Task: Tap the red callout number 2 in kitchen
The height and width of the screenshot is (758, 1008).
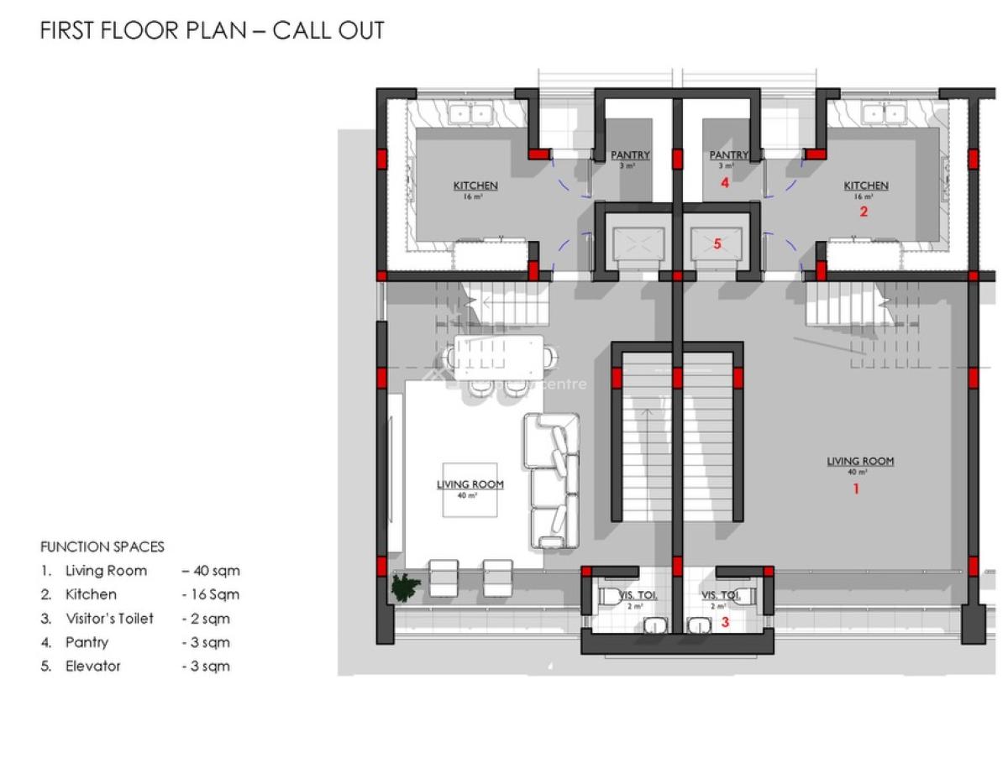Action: tap(863, 212)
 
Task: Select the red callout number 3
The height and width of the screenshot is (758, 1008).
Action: tap(726, 623)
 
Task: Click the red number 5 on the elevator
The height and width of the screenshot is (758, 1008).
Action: tap(717, 244)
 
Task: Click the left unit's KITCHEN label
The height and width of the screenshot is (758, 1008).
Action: tap(475, 186)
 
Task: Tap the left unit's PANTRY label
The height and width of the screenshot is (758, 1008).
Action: tap(630, 154)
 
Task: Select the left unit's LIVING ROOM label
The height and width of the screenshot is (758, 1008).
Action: tap(470, 484)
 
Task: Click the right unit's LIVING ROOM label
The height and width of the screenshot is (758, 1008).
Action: tap(860, 461)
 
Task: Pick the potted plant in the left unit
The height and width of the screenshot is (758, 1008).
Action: tap(405, 587)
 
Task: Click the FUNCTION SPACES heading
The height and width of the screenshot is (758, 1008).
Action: tap(102, 546)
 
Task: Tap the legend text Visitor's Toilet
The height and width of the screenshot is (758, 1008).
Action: tap(109, 619)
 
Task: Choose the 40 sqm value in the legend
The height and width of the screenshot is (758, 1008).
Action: tap(211, 571)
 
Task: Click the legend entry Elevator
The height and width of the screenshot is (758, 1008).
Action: tap(92, 667)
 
